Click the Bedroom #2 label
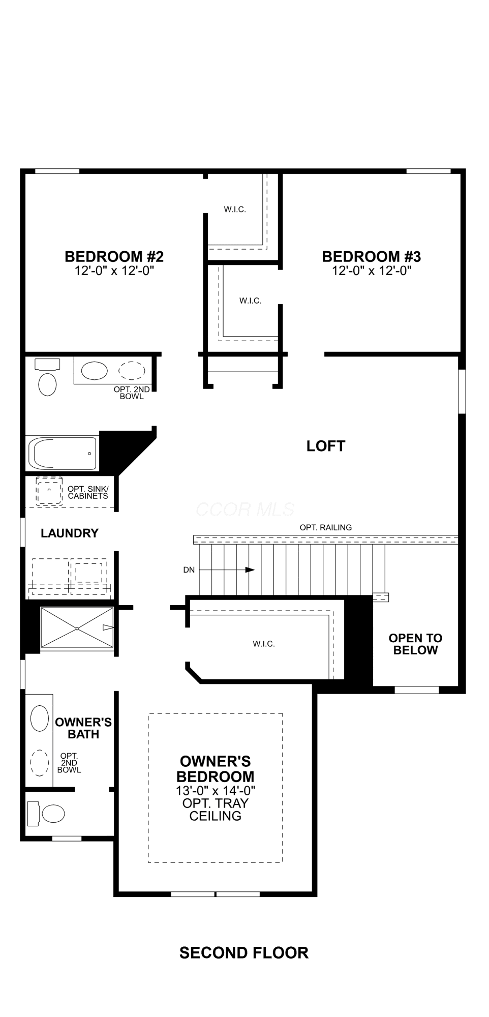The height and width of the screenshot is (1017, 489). coord(114,256)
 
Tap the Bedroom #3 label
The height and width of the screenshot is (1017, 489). coord(372,256)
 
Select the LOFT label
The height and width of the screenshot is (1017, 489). coord(326,446)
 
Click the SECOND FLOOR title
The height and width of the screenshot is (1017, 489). coord(244,952)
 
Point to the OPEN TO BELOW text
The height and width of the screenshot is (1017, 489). coord(415,644)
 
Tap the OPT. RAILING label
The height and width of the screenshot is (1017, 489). coord(326,527)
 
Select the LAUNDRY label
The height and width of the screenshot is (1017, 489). coord(70,533)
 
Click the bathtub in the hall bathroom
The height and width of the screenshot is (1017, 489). coord(63,453)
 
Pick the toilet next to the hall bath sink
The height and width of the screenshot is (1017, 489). coord(47,377)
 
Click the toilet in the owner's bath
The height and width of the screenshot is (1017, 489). coord(46,814)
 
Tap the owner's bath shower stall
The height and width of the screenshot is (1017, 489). coord(77,629)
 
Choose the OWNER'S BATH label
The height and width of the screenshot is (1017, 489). coord(83,728)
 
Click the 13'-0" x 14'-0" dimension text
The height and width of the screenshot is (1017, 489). coord(216,791)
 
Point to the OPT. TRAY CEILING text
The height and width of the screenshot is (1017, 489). coord(216,810)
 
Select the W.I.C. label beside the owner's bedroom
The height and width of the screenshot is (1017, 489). coord(264,644)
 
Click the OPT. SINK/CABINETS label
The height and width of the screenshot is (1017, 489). coord(88,492)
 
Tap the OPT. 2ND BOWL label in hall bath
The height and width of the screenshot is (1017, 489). coord(132,393)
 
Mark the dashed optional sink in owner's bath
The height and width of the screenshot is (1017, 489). coord(40,763)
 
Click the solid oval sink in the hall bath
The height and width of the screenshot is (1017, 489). coord(95,371)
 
